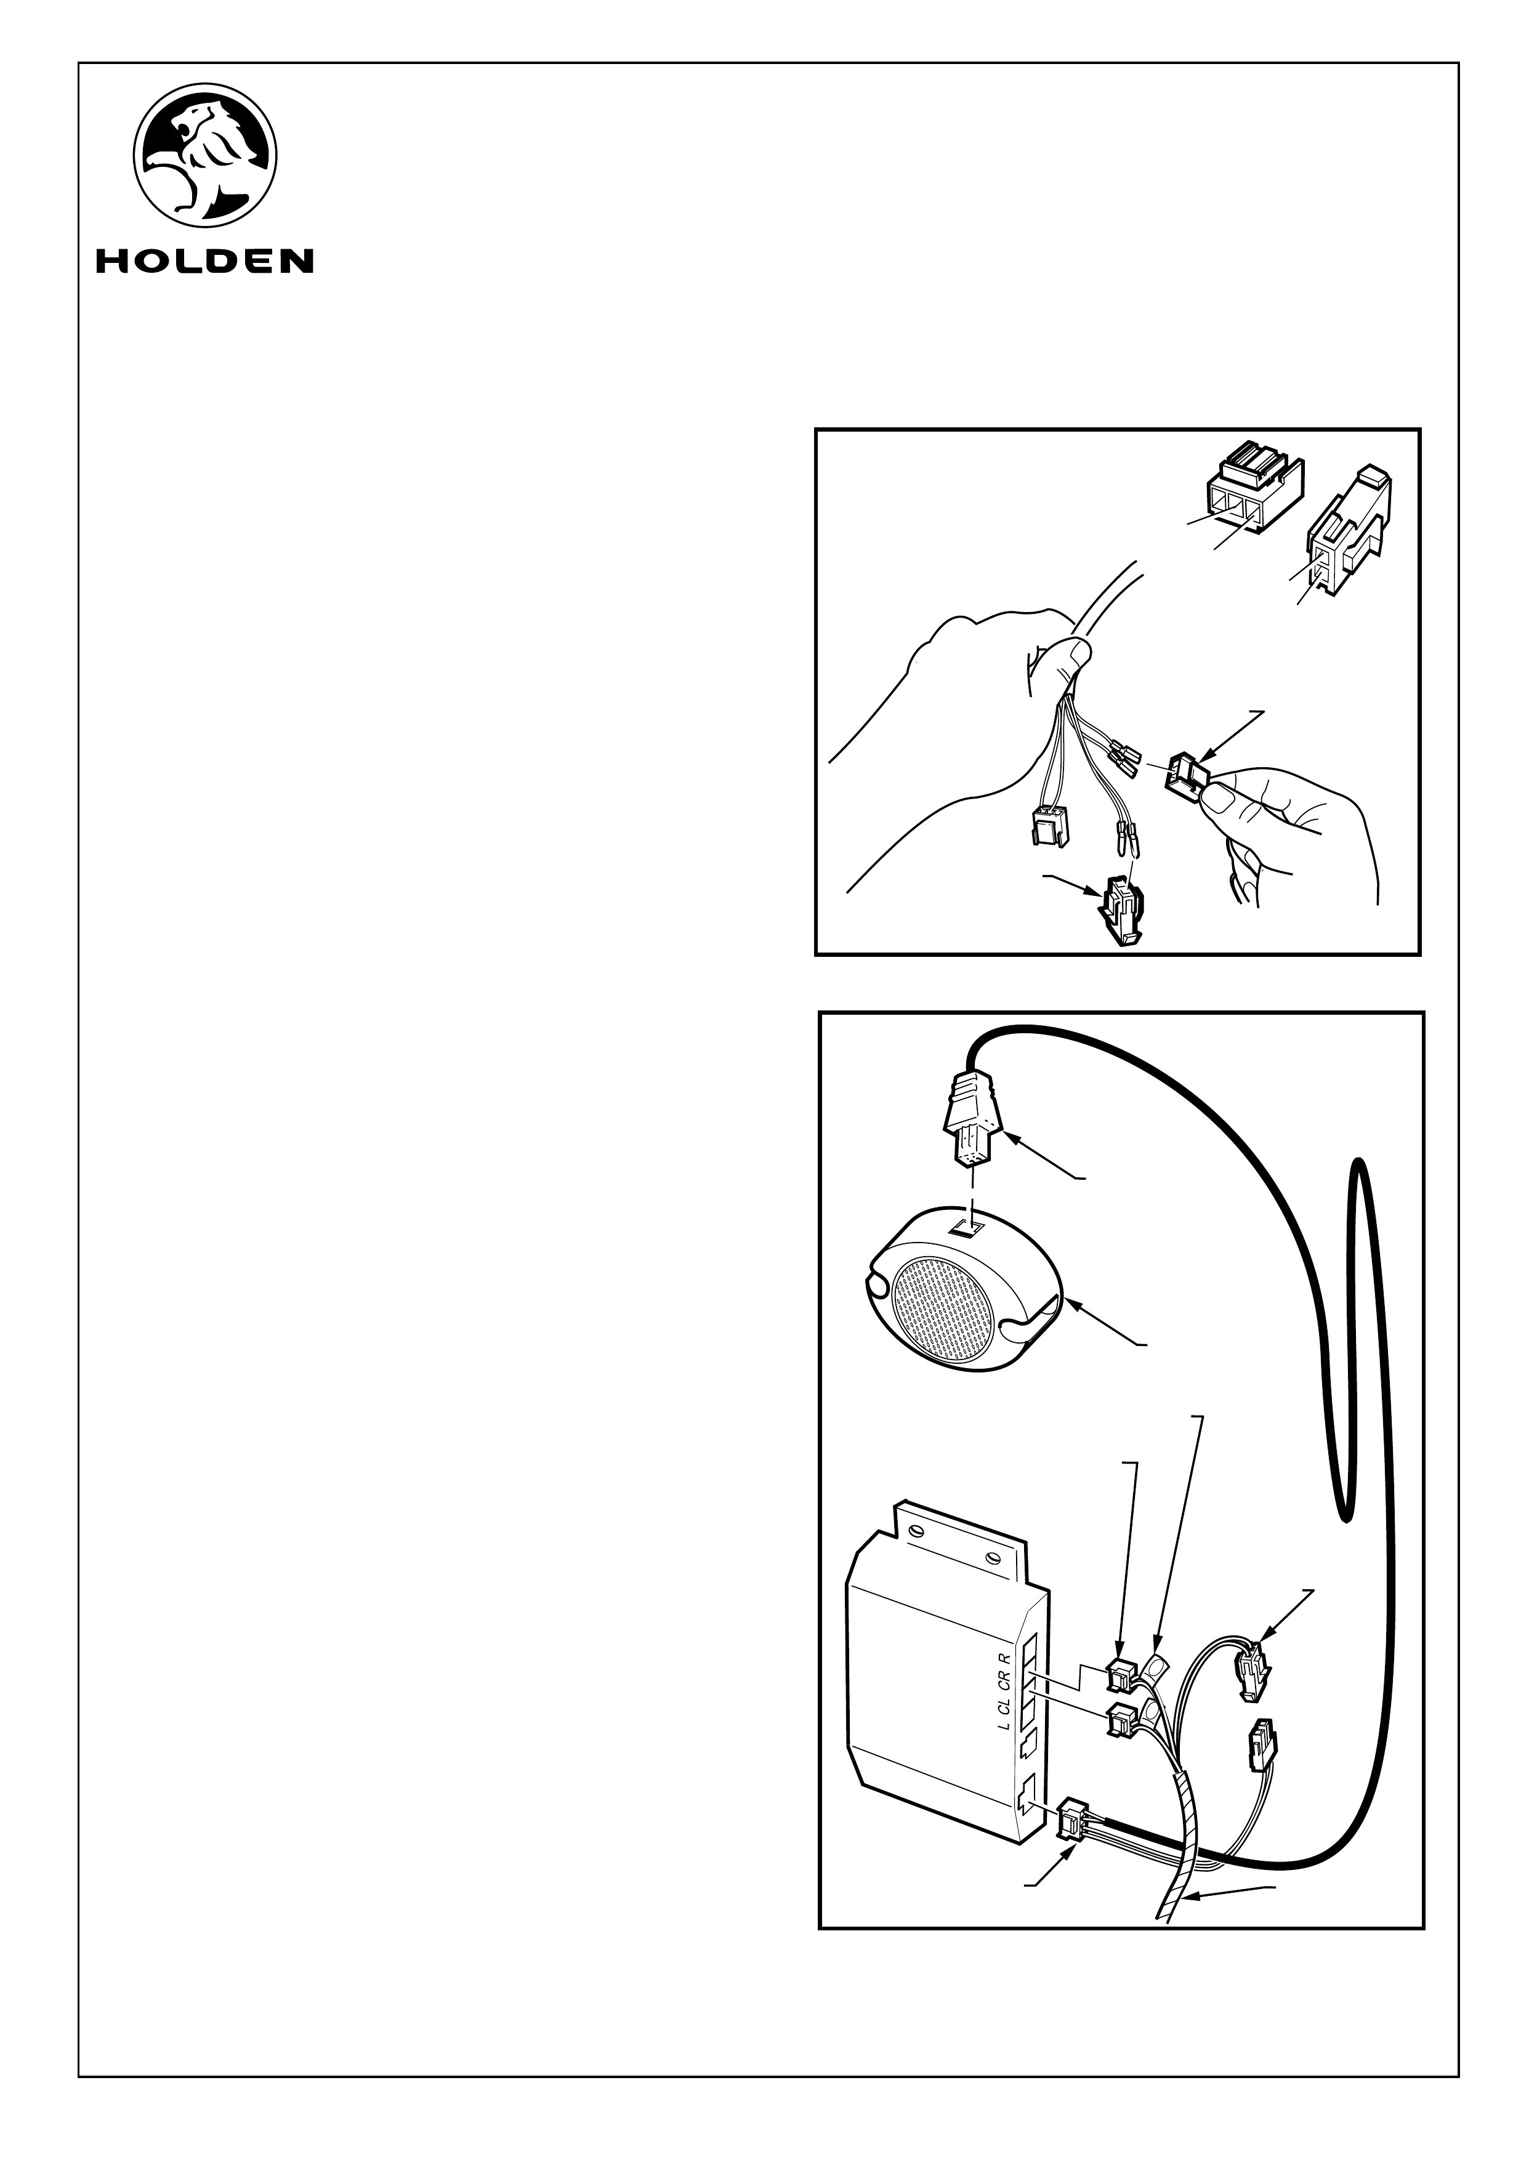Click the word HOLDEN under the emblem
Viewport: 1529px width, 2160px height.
[204, 260]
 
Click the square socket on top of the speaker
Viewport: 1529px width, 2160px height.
[970, 1227]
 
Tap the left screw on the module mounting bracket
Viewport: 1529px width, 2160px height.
[910, 1529]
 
